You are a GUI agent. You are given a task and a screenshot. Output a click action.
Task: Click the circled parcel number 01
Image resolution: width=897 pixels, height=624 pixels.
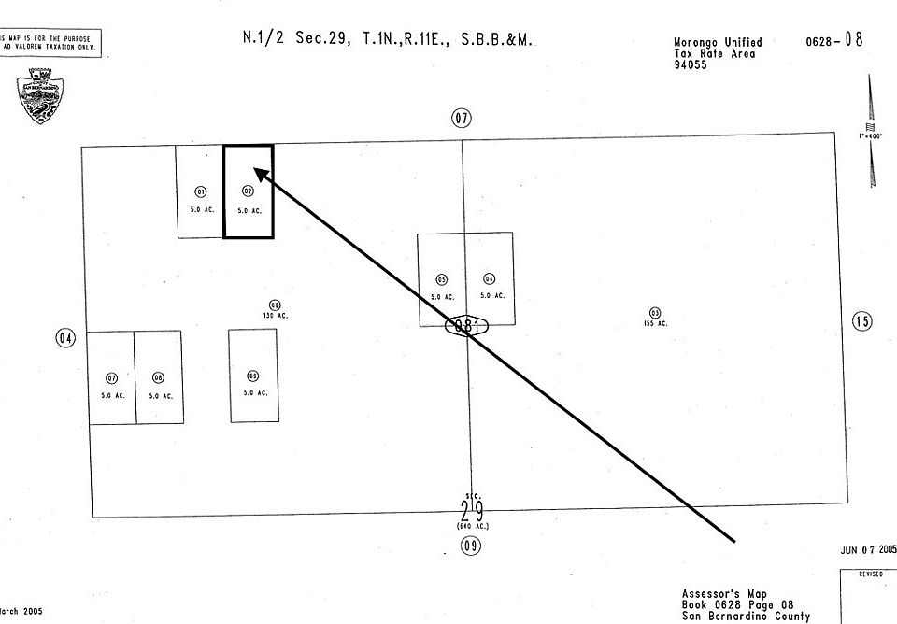pyautogui.click(x=200, y=191)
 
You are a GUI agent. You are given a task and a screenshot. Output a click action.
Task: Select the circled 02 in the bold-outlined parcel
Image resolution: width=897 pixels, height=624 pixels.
pyautogui.click(x=248, y=191)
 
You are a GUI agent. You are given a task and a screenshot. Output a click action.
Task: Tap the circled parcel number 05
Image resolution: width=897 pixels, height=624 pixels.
pyautogui.click(x=442, y=279)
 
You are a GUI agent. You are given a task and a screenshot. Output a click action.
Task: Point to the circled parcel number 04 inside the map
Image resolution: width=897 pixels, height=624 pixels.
pyautogui.click(x=490, y=279)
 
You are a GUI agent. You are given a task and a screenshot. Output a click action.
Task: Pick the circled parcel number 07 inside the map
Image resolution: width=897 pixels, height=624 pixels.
pyautogui.click(x=112, y=378)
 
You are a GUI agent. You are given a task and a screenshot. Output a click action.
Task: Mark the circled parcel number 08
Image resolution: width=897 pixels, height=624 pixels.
pyautogui.click(x=159, y=378)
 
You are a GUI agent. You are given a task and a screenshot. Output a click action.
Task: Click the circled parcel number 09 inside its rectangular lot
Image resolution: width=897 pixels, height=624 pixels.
pyautogui.click(x=253, y=376)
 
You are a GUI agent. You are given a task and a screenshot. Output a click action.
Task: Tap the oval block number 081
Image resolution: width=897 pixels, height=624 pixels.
pyautogui.click(x=467, y=326)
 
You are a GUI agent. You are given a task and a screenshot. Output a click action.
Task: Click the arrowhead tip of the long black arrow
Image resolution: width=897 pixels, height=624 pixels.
pyautogui.click(x=256, y=169)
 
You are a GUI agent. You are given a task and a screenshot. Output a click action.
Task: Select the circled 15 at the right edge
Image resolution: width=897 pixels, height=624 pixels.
pyautogui.click(x=862, y=321)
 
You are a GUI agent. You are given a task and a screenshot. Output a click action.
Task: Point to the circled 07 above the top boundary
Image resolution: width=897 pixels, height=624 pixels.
pyautogui.click(x=462, y=119)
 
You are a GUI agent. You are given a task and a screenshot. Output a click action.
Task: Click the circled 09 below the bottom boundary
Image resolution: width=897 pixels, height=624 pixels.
pyautogui.click(x=471, y=546)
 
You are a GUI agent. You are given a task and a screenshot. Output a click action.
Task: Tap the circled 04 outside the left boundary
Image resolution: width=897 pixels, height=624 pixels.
pyautogui.click(x=65, y=338)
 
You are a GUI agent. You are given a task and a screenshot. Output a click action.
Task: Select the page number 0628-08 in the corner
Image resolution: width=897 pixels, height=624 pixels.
pyautogui.click(x=833, y=41)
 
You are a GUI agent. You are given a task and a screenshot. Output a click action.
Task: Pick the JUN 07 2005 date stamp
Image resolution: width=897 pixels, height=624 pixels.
pyautogui.click(x=868, y=550)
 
